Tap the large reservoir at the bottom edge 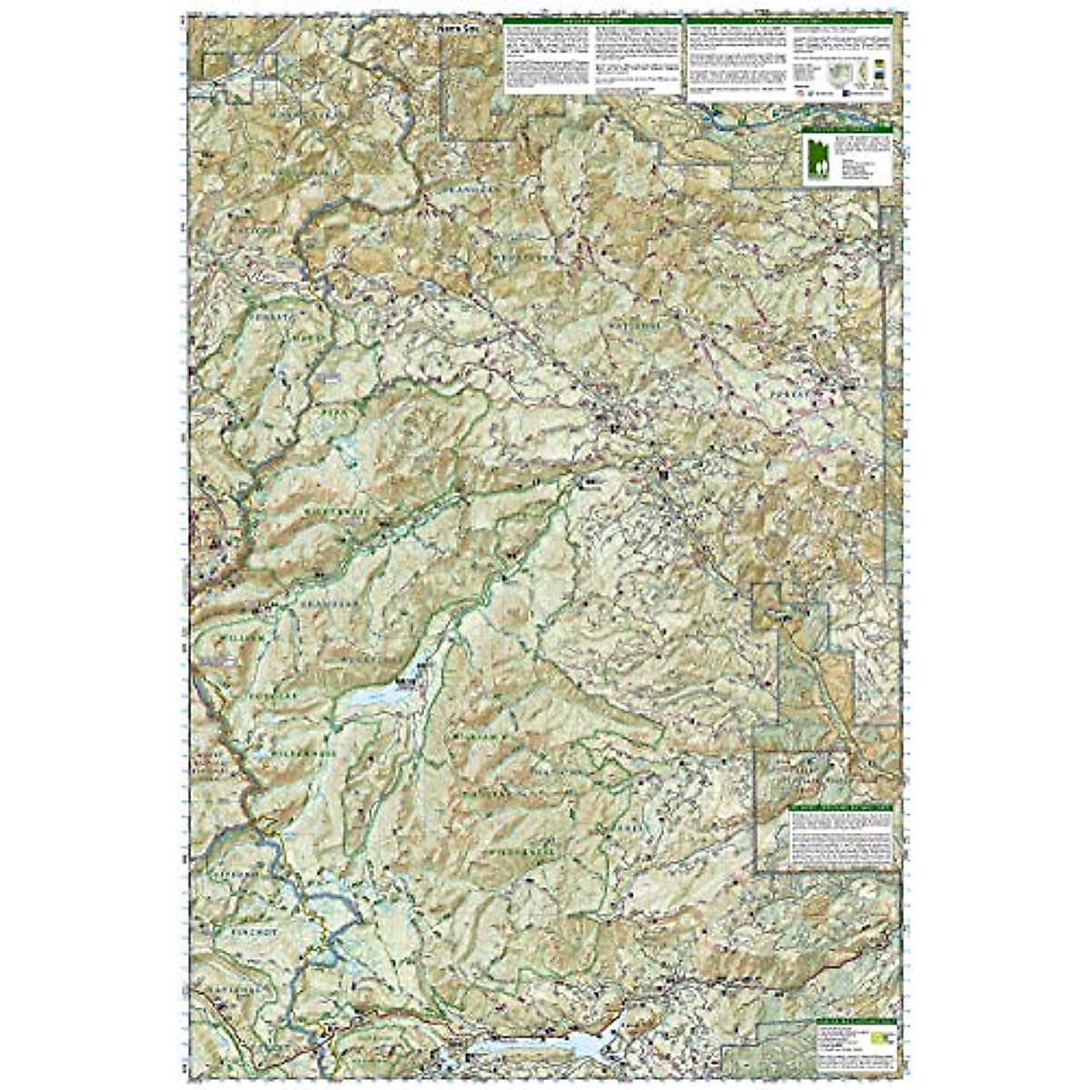pyautogui.click(x=545, y=1045)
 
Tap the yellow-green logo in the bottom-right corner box pyautogui.click(x=878, y=1036)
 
